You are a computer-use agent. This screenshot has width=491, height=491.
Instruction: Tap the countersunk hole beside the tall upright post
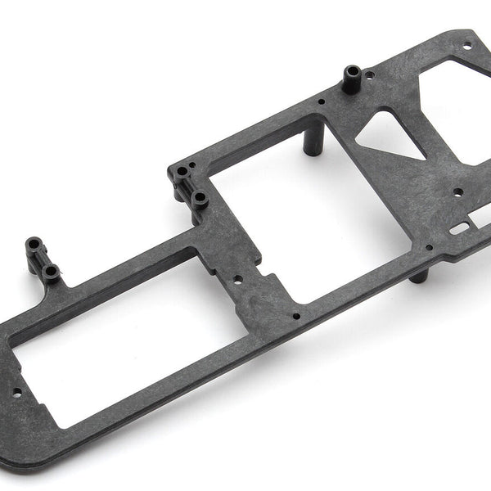tap(372, 78)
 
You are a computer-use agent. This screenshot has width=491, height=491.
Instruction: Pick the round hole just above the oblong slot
tap(456, 194)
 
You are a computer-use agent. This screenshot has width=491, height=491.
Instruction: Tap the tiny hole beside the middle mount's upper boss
tap(191, 166)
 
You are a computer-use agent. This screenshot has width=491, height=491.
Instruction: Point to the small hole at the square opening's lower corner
tap(295, 315)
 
